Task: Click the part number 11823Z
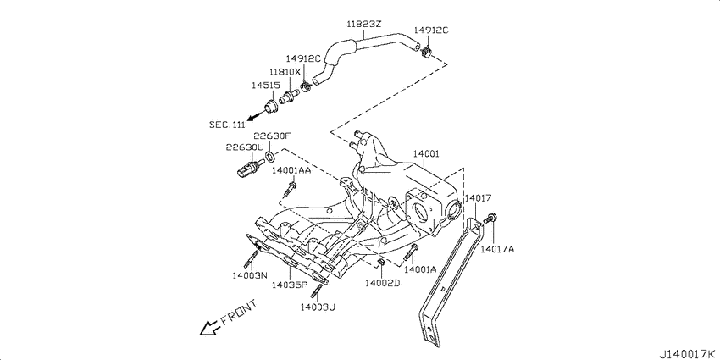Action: [x=363, y=25]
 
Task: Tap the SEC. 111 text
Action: [x=227, y=125]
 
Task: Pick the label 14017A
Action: [x=497, y=249]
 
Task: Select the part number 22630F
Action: [x=273, y=136]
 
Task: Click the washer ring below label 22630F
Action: [x=270, y=157]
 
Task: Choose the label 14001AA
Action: [x=291, y=170]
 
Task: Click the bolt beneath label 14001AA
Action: [x=291, y=188]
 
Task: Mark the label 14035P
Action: [x=289, y=285]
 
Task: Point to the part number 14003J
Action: [x=318, y=307]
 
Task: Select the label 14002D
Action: [x=383, y=283]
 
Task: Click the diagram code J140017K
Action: [x=689, y=354]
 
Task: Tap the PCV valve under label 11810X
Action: [x=290, y=96]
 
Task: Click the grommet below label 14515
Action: [x=270, y=106]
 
